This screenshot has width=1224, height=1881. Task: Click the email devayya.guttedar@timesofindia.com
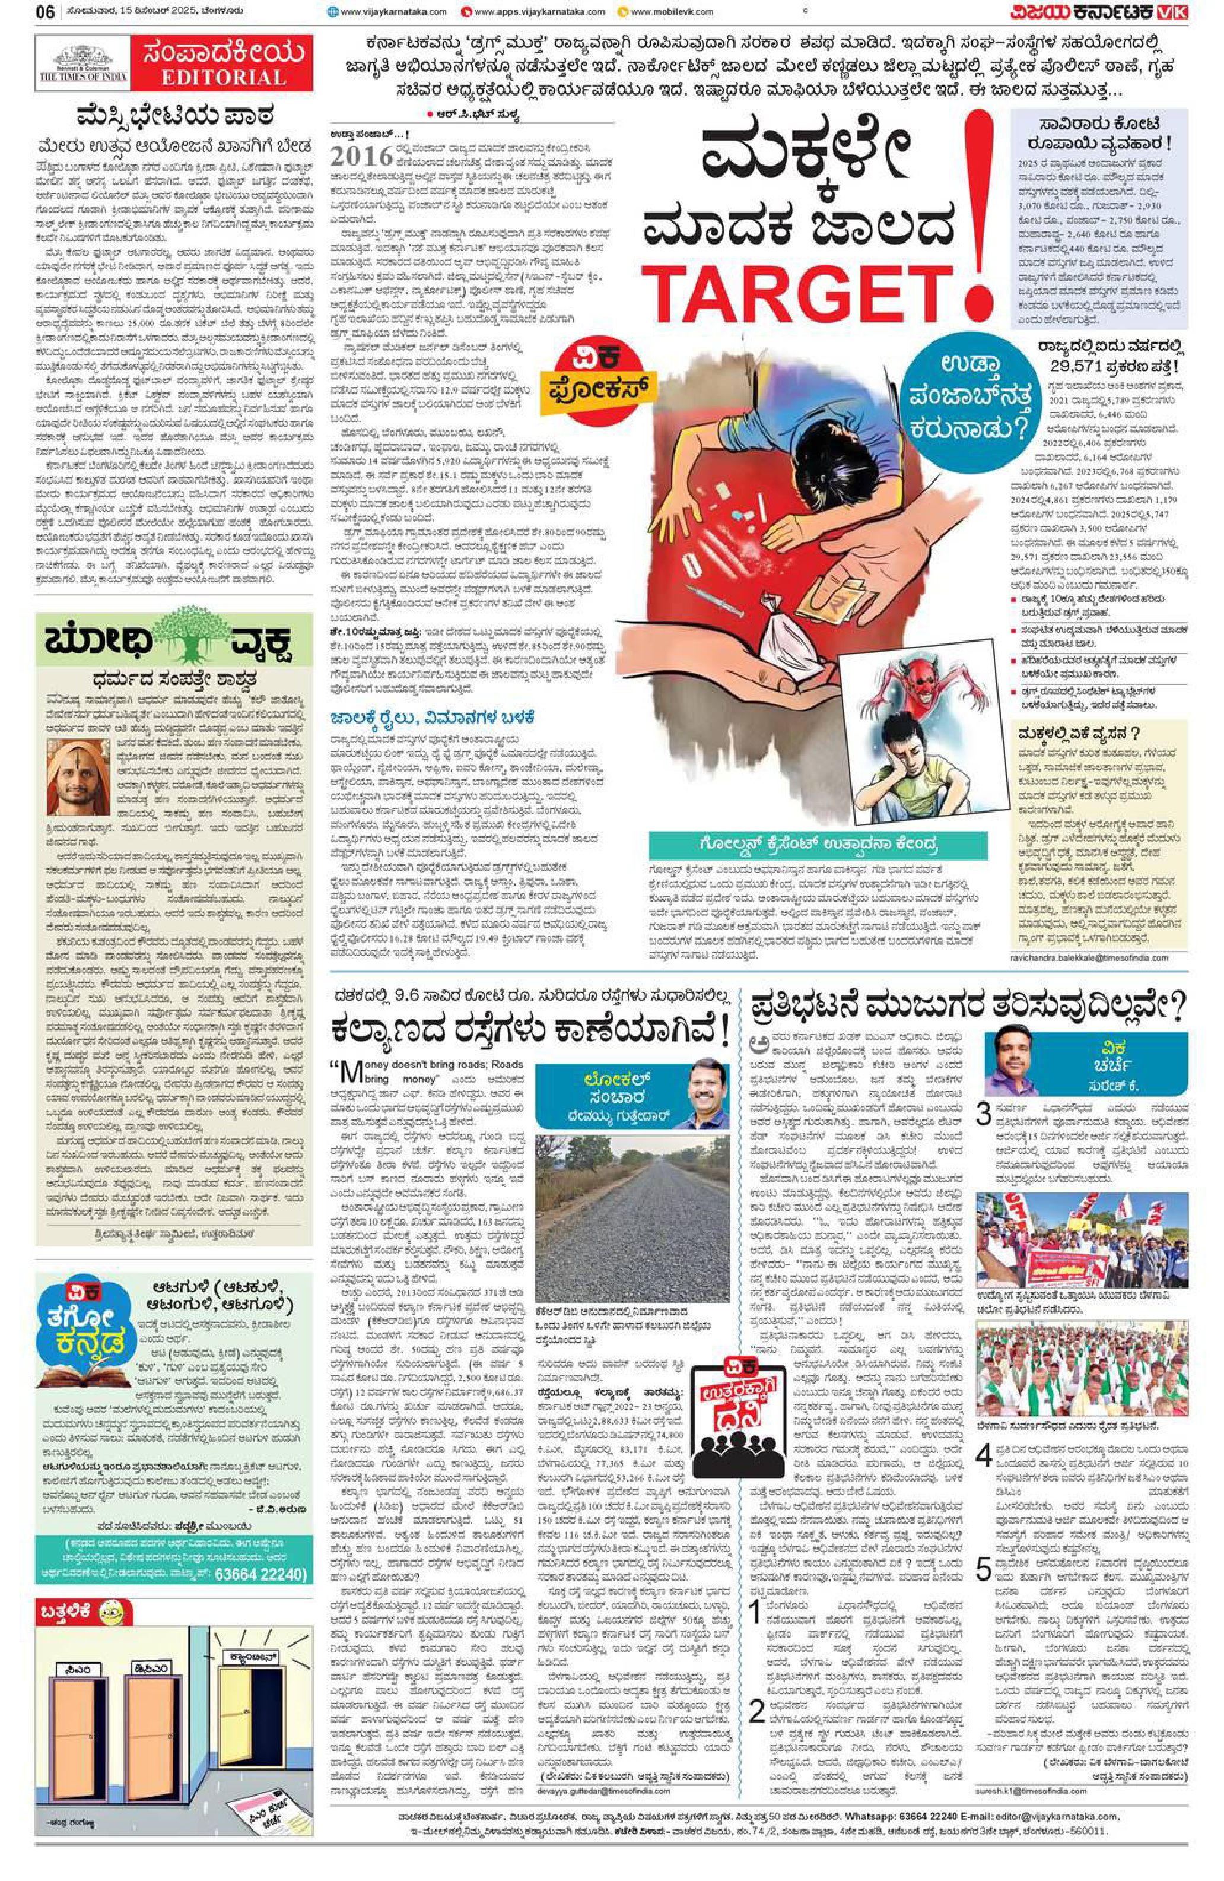599,1704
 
